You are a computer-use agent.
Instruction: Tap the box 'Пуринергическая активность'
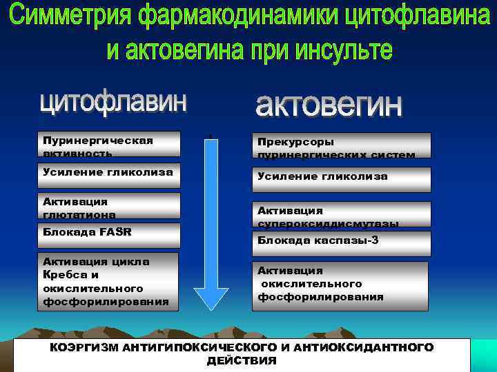pos(110,145)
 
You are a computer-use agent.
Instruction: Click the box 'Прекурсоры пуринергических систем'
pos(341,146)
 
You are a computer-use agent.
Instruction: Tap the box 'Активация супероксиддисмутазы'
pos(341,214)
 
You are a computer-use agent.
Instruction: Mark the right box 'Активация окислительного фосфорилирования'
pos(341,284)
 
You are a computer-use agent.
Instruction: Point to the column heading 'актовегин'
pos(327,106)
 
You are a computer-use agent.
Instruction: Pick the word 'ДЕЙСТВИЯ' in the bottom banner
pos(242,361)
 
